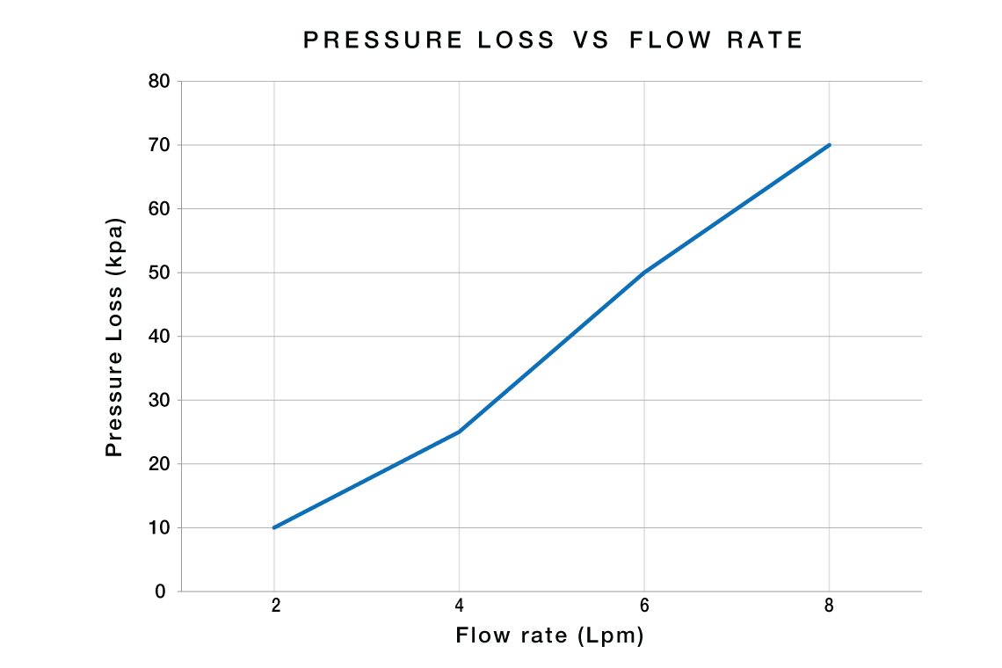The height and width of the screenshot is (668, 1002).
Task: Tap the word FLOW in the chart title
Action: (669, 40)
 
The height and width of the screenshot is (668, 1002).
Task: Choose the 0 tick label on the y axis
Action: (161, 592)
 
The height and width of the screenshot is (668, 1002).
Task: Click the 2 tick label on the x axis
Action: (274, 606)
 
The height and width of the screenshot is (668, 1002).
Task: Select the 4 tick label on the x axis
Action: (459, 606)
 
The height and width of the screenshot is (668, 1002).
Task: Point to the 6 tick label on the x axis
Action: (644, 606)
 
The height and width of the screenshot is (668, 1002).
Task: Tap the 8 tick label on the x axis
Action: (829, 606)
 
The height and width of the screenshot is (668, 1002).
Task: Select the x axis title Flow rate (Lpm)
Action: (550, 635)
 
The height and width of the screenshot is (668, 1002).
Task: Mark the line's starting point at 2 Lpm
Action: (274, 527)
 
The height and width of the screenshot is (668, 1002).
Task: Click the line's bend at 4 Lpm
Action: (459, 432)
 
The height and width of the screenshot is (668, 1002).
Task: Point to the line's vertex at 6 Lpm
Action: (644, 272)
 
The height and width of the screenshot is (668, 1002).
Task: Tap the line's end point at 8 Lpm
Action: (829, 145)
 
